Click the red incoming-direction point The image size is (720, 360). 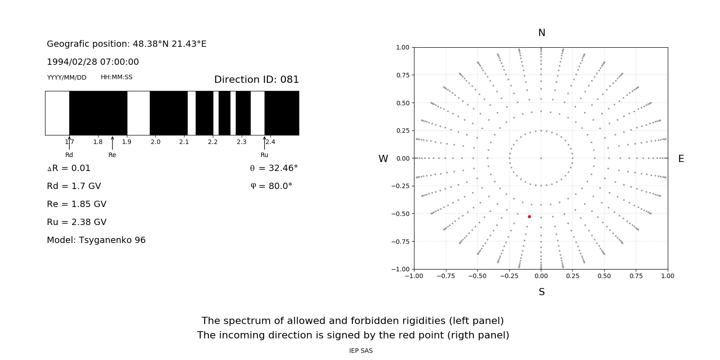pos(529,217)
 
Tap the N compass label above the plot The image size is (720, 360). pos(542,33)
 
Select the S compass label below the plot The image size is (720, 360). pos(542,292)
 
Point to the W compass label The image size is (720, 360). pos(383,159)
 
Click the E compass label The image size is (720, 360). pos(681,159)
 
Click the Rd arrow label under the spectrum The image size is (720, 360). pos(69,155)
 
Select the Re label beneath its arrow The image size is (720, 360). pos(112,155)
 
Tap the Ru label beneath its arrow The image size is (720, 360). pos(264,155)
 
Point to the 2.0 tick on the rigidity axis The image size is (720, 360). pos(155,142)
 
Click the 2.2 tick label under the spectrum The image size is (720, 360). pos(213,142)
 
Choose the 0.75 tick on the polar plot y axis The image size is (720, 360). pos(403,75)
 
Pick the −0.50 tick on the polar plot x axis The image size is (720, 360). pos(477,276)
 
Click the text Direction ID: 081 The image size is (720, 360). pos(256,80)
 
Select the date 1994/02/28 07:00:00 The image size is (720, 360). pos(93,62)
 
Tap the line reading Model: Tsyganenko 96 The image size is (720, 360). pos(96,240)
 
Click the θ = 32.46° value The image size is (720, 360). pos(274,168)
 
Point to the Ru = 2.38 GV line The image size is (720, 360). pos(76,222)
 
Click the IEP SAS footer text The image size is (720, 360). pos(361,351)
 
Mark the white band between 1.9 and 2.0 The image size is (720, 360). pos(139,113)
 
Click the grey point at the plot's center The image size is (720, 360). pos(541,158)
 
